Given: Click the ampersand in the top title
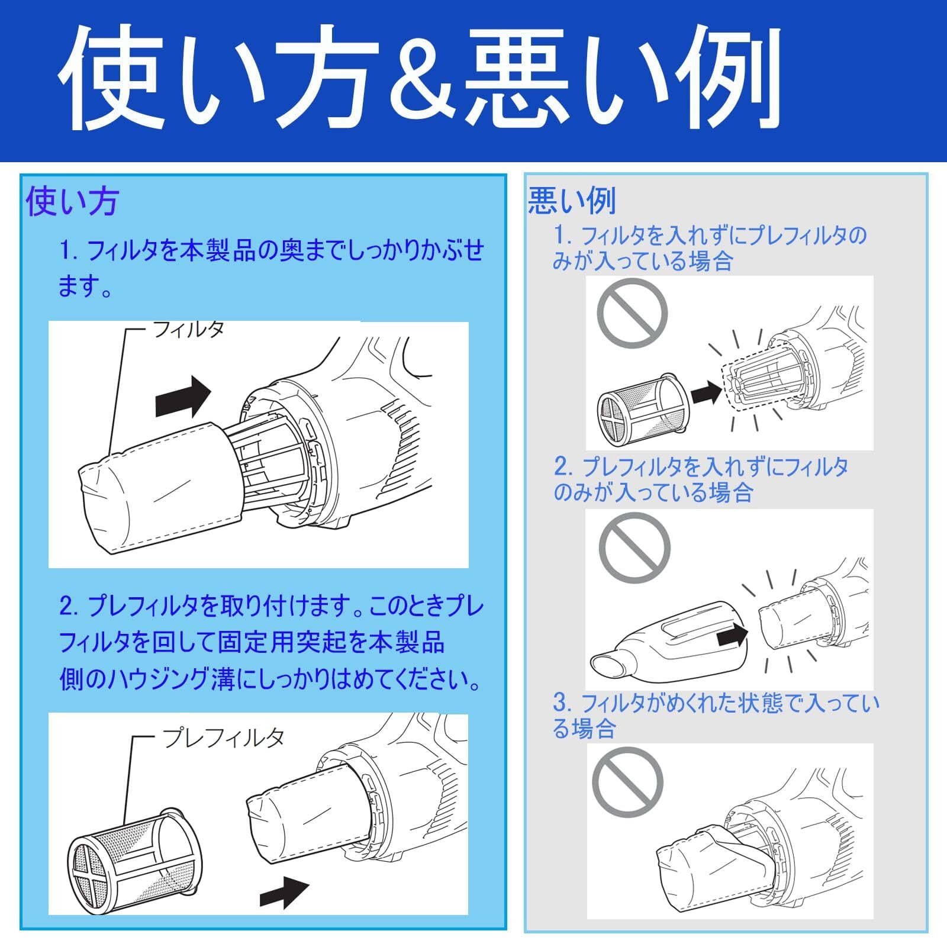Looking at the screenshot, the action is (420, 78).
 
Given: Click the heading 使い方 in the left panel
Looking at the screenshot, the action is (73, 202).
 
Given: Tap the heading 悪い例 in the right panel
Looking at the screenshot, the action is (572, 201).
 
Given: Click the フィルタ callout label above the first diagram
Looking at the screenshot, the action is (188, 329).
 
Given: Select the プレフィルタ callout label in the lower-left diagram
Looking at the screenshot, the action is (223, 737).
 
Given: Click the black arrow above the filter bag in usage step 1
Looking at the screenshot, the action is (183, 397).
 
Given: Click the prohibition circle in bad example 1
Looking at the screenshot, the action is (632, 313).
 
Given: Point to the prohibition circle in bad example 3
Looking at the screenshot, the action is (628, 782).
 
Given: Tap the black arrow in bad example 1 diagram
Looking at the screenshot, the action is (707, 391).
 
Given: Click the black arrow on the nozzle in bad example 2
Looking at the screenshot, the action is (732, 636).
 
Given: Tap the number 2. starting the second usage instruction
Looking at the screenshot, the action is (69, 607).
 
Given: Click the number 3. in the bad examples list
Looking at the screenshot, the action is (562, 703).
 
